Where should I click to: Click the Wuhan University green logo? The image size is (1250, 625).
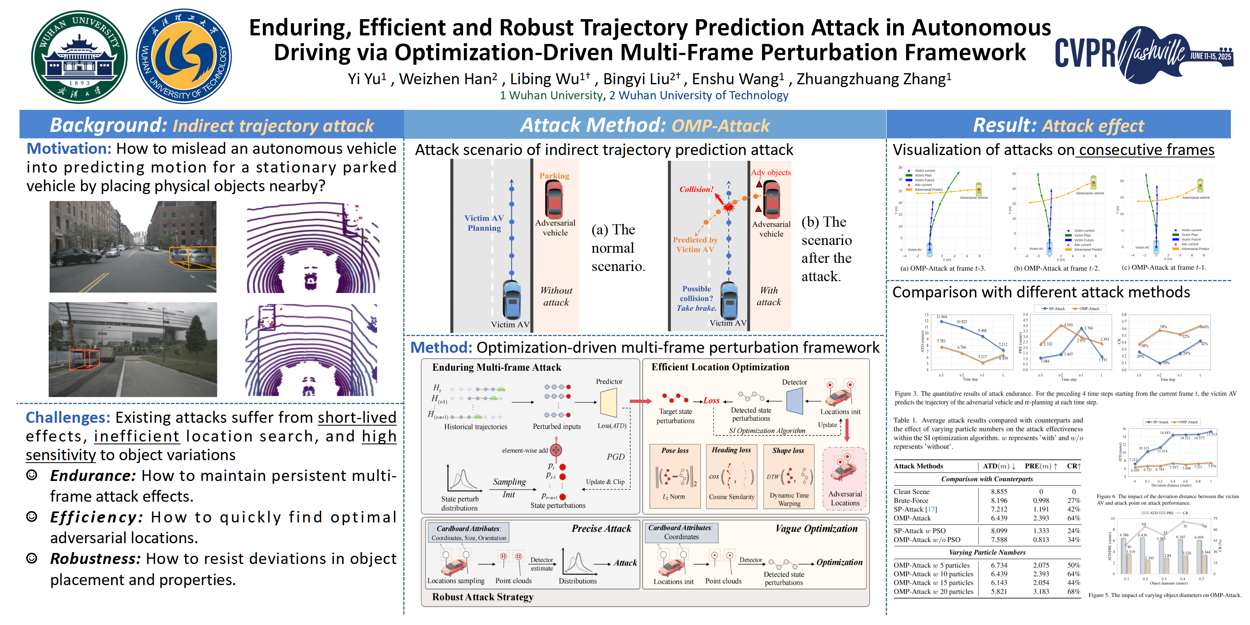79,57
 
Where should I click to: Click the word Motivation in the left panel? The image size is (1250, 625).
69,149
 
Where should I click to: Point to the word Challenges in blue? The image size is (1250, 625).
68,417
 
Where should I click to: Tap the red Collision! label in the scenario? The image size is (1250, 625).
696,189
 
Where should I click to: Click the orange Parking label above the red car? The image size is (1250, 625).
554,176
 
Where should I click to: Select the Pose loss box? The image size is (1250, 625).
675,476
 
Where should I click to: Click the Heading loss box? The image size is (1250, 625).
731,476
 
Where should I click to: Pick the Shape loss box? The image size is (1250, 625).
789,476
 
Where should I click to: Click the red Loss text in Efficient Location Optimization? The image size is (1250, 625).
711,400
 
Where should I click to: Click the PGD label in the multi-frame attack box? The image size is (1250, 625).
615,457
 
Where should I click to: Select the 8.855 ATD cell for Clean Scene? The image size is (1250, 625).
999,492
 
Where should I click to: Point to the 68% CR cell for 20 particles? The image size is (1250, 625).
1073,592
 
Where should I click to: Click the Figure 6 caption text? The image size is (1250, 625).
1167,499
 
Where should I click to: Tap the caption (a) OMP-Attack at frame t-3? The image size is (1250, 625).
942,268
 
